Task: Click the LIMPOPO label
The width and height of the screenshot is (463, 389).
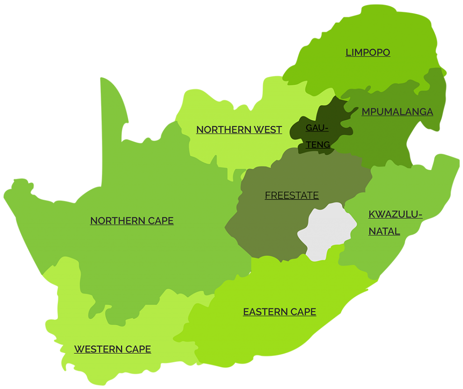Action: pos(368,52)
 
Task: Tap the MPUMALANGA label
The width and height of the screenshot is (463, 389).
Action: pos(397,112)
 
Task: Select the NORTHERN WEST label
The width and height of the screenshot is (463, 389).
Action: pos(239,130)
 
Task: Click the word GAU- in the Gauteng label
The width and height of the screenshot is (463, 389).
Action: pos(317,128)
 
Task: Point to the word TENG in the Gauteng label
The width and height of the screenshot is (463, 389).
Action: pos(317,145)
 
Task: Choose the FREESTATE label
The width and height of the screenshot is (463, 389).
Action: pos(292,195)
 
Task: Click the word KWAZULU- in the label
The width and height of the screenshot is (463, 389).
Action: pos(395,214)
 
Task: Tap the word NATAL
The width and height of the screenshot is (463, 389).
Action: pos(384,232)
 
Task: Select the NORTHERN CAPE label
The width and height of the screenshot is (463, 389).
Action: pos(132,221)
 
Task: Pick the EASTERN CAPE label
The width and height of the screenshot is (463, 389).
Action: pos(279,312)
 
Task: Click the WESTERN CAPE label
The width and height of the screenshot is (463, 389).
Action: pos(112,349)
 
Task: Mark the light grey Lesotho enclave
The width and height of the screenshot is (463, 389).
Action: pos(326,231)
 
